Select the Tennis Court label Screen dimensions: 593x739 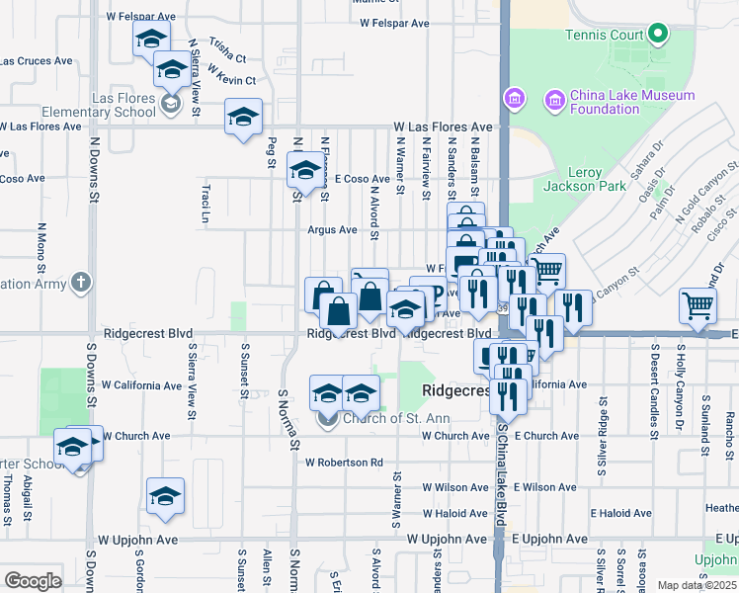(604, 36)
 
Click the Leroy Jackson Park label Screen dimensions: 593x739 (572, 179)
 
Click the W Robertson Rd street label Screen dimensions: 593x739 (344, 462)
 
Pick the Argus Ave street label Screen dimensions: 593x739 (332, 229)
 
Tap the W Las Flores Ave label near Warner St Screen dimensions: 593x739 (443, 127)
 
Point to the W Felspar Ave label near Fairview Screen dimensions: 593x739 (395, 22)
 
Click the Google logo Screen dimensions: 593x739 (33, 580)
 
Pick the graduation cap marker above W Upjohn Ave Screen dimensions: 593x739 (165, 497)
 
